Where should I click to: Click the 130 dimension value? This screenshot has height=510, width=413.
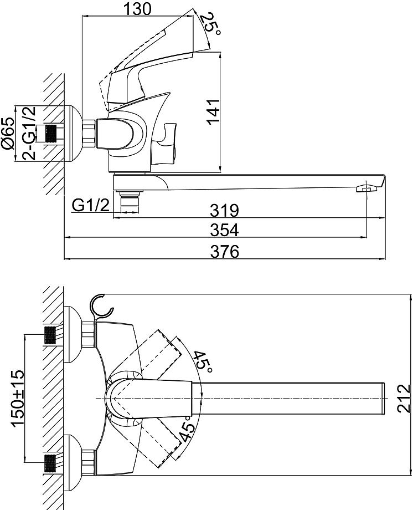tap(137, 9)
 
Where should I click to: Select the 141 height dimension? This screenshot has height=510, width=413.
tap(214, 111)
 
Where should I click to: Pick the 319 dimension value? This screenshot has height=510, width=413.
tap(224, 210)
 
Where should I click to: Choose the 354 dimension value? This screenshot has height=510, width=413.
tap(224, 230)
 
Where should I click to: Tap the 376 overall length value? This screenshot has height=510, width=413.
tap(224, 252)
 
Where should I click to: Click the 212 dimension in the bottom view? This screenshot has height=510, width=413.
tap(404, 398)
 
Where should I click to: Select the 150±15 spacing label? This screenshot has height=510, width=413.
tap(18, 398)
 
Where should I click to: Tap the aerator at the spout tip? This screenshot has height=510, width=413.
tap(366, 188)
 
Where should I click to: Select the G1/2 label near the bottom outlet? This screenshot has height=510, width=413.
tap(91, 205)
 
